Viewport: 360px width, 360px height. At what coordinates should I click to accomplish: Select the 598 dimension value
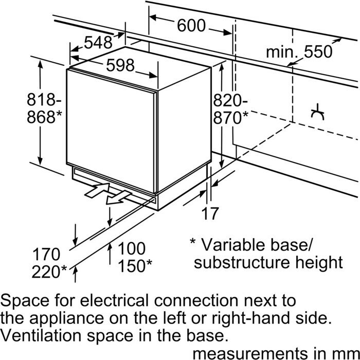click(120, 65)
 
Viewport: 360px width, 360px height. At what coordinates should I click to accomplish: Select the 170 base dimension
click(47, 255)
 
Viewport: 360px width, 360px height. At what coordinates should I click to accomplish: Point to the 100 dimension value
click(131, 248)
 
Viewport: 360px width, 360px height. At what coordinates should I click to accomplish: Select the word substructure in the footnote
click(238, 262)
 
